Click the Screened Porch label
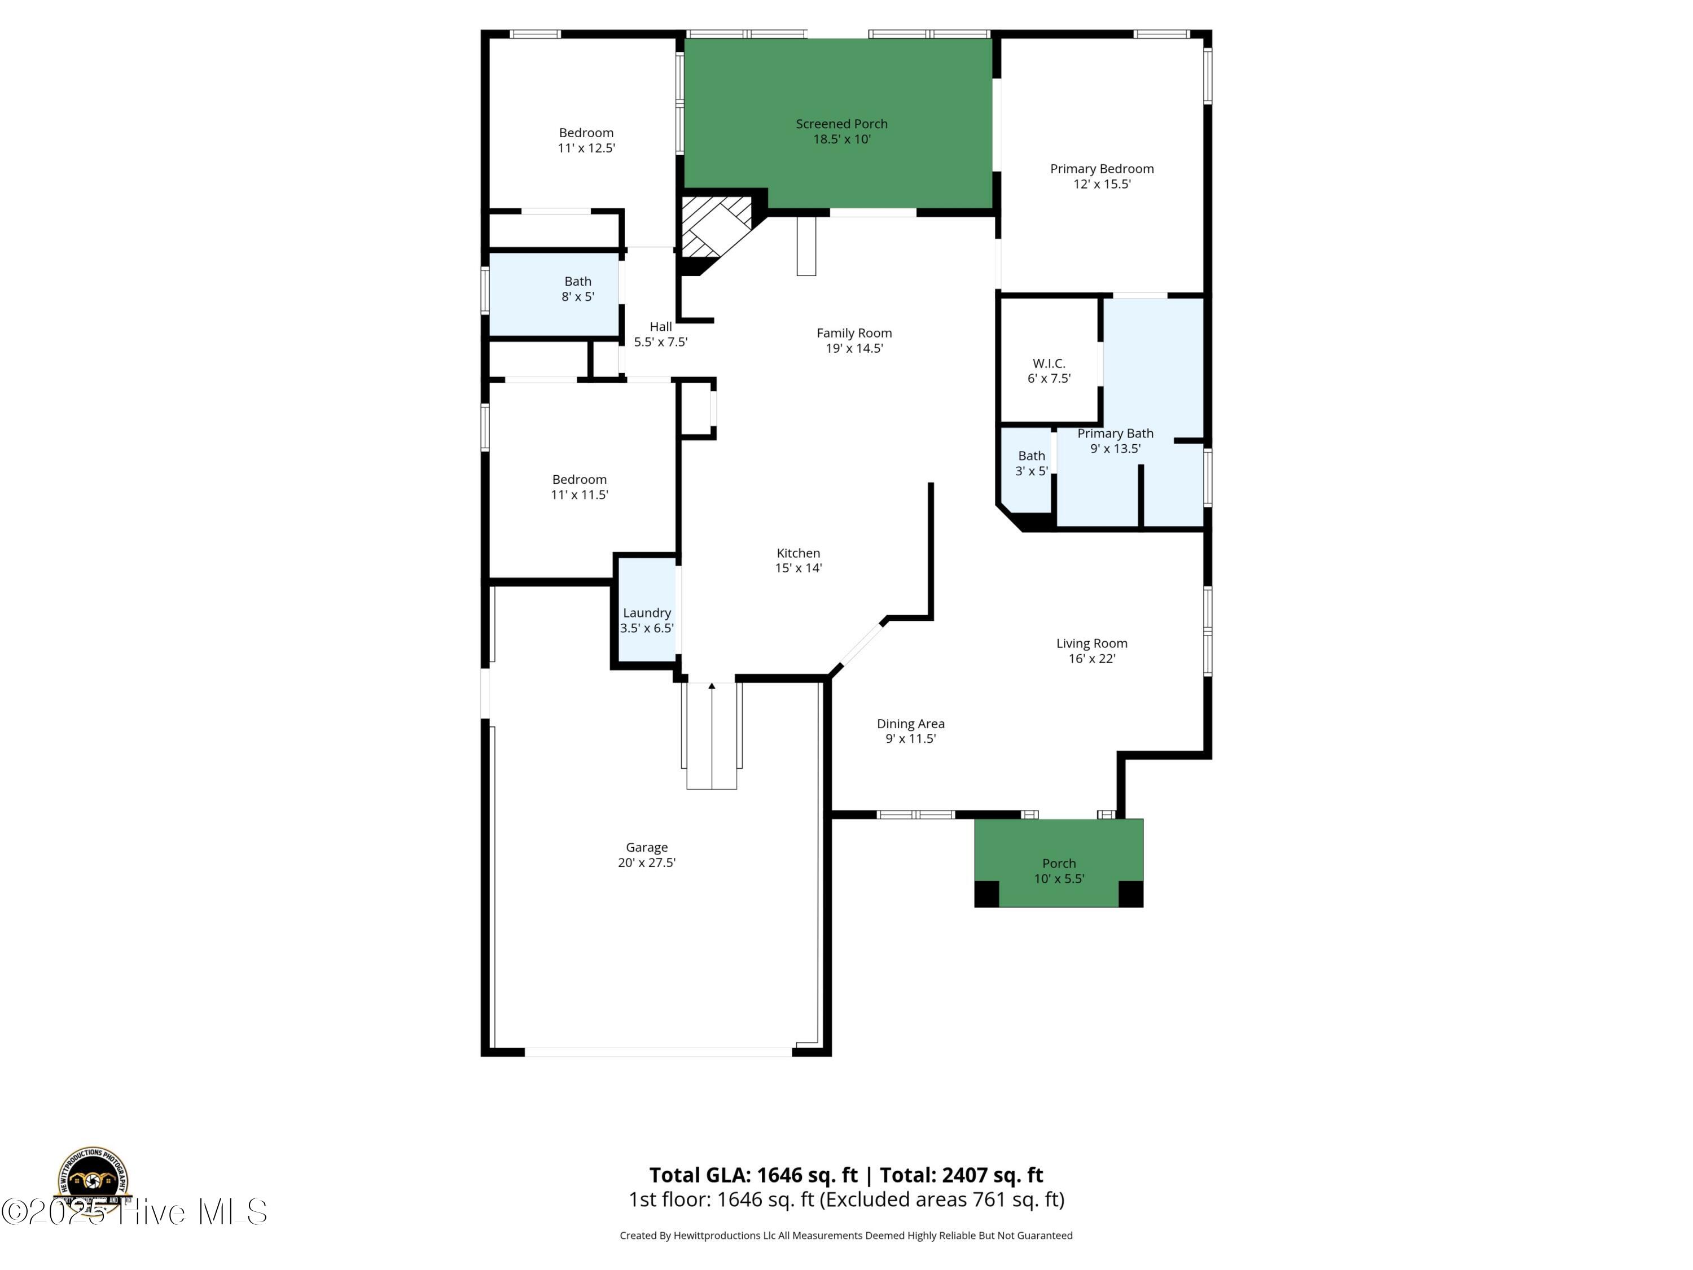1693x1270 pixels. [x=841, y=124]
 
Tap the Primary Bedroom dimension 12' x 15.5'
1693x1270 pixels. [x=1102, y=183]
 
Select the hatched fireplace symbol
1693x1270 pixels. [x=716, y=226]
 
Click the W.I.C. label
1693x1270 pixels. [x=1049, y=364]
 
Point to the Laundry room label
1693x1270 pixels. [x=647, y=612]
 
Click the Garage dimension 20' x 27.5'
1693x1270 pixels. [x=647, y=862]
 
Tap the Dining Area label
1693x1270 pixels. [x=910, y=724]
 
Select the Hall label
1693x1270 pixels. [x=660, y=327]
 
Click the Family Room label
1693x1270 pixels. [x=854, y=333]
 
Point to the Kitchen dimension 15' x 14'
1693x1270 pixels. [x=799, y=568]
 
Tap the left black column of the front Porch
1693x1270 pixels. [x=986, y=894]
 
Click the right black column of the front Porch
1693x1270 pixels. [x=1130, y=894]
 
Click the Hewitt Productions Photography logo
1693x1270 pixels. [x=93, y=1182]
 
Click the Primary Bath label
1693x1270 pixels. [x=1115, y=433]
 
